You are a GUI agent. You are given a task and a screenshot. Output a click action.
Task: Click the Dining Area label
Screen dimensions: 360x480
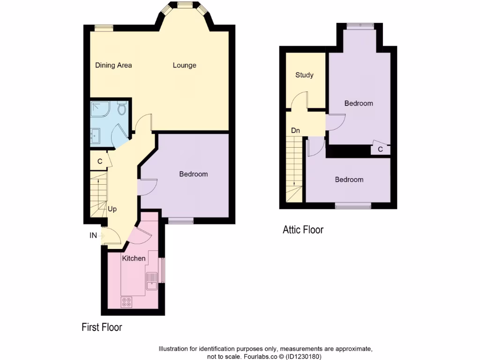(113, 65)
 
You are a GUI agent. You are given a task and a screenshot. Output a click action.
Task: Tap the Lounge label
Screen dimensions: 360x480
(184, 65)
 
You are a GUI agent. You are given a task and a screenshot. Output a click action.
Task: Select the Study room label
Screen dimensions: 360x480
(304, 75)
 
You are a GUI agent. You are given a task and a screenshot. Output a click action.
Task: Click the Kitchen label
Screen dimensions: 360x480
(134, 258)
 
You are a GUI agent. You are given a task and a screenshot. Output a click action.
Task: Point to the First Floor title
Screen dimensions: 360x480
(102, 327)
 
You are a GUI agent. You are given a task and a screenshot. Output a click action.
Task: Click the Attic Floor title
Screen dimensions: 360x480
(303, 230)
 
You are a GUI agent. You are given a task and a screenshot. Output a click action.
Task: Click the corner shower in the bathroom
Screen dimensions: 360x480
(99, 109)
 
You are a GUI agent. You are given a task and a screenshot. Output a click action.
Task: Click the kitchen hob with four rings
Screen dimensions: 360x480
(126, 302)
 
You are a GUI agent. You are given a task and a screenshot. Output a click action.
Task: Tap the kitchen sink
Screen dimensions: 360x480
(152, 281)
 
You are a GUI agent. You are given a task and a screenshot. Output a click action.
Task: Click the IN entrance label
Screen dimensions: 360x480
(93, 236)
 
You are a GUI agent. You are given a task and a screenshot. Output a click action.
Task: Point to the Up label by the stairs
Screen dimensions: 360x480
(112, 209)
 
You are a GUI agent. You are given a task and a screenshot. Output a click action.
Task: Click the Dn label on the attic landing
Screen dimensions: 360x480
(295, 130)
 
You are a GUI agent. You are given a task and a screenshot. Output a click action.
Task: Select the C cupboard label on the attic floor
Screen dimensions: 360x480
(380, 150)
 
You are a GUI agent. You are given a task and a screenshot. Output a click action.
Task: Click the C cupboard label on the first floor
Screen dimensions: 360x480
(100, 161)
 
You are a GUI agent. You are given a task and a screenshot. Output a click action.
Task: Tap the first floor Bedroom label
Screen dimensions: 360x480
(193, 174)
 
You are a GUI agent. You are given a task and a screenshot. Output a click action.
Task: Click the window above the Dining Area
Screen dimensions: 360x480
(104, 28)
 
